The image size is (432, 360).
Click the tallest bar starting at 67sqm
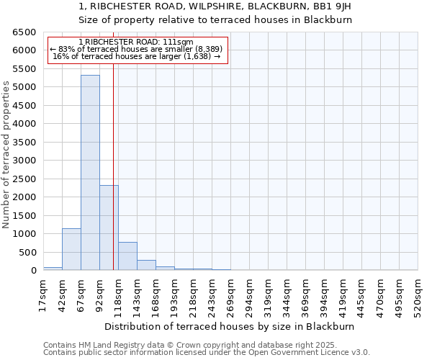[x=90, y=173]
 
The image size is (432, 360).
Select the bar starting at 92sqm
[x=109, y=228]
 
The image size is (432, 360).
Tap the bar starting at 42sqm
[x=71, y=249]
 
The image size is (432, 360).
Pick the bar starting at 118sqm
[x=127, y=256]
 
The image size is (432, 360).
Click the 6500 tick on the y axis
[x=24, y=32]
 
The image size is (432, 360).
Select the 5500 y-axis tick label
[x=24, y=69]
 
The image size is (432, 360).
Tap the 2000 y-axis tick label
[x=24, y=197]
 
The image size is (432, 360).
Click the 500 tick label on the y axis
[x=27, y=252]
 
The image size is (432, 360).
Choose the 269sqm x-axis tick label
[x=230, y=294]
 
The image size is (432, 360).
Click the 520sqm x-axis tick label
[x=418, y=294]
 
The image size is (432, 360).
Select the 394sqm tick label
[x=324, y=294]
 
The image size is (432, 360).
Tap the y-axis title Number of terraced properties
[x=6, y=155]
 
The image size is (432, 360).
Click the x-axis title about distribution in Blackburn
[x=235, y=326]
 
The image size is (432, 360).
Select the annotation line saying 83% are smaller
[x=137, y=49]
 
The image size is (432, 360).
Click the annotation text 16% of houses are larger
[x=137, y=56]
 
